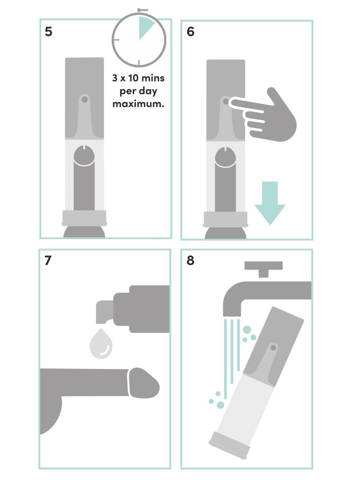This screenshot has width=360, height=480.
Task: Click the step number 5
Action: pyautogui.click(x=49, y=32)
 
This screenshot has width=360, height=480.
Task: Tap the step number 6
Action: pyautogui.click(x=191, y=32)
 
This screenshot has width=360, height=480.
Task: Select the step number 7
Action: pyautogui.click(x=48, y=261)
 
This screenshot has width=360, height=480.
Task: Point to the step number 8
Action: pyautogui.click(x=191, y=261)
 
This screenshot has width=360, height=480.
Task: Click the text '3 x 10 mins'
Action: pyautogui.click(x=138, y=79)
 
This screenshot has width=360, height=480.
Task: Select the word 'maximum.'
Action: pyautogui.click(x=138, y=104)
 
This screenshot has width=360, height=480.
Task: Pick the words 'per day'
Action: pyautogui.click(x=138, y=92)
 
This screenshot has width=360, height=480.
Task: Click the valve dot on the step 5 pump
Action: pyautogui.click(x=84, y=99)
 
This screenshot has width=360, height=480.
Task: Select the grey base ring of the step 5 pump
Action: pyautogui.click(x=84, y=217)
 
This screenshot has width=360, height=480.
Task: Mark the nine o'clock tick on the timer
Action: pyautogui.click(x=116, y=39)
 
